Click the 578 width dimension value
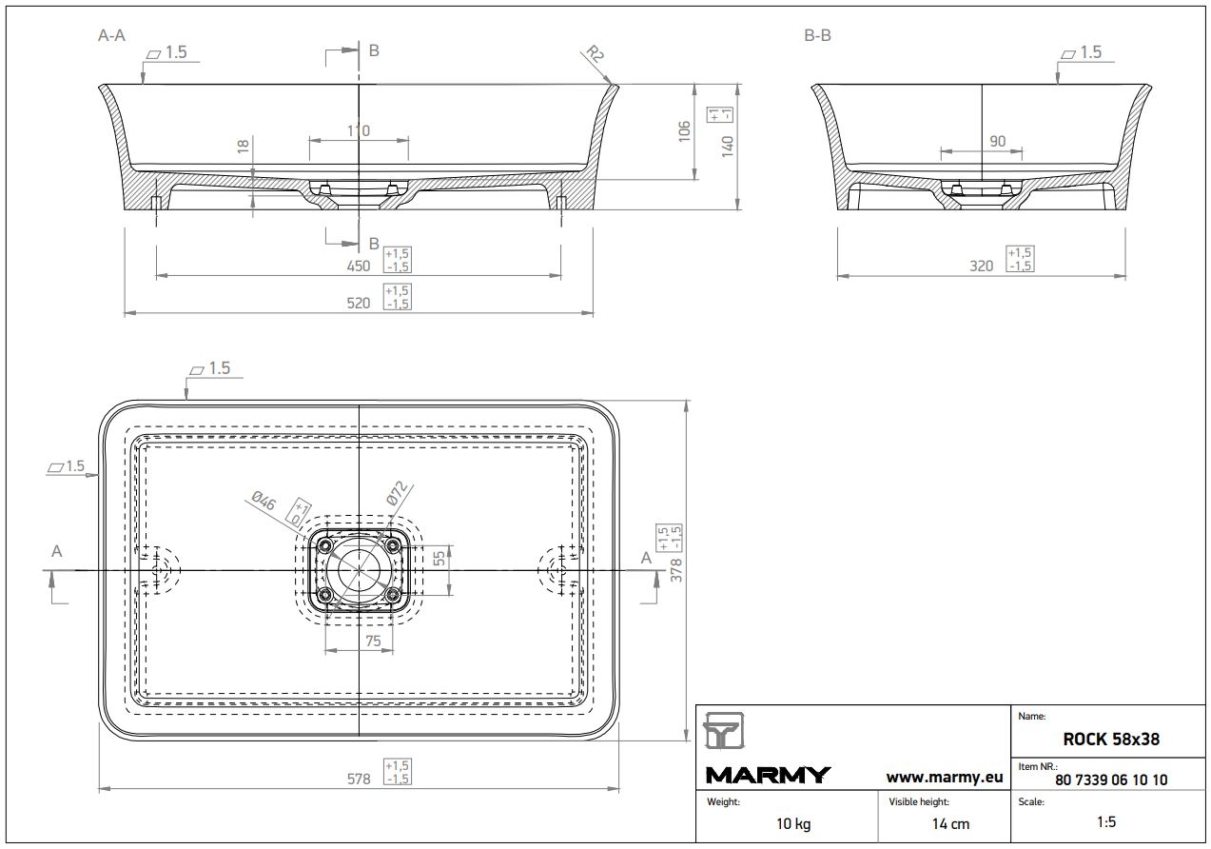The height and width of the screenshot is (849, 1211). [x=359, y=779]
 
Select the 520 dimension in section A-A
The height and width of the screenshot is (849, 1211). [x=359, y=303]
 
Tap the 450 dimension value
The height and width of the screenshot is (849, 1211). [x=359, y=267]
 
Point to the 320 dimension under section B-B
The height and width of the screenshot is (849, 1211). [x=981, y=267]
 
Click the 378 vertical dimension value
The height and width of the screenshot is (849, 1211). [x=675, y=570]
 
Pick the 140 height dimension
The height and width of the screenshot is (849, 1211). [x=728, y=147]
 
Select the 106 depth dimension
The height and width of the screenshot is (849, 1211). [x=684, y=131]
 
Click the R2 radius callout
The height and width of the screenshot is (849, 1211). [x=596, y=54]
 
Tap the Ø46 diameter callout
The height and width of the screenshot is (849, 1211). [x=264, y=501]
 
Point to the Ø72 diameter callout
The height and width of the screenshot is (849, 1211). [x=397, y=493]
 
